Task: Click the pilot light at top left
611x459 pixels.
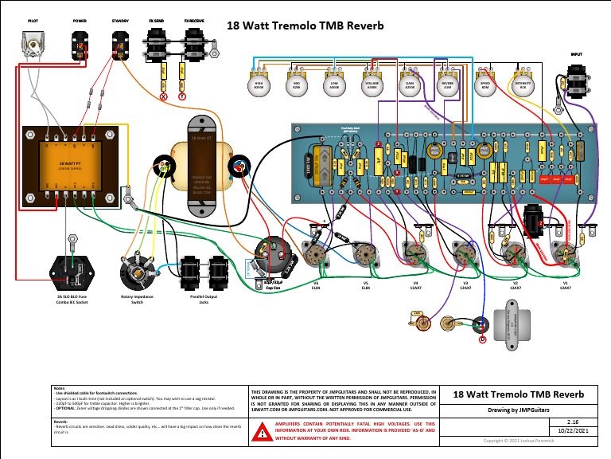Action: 33,44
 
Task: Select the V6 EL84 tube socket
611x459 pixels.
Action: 316,253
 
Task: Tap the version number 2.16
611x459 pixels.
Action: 571,420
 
